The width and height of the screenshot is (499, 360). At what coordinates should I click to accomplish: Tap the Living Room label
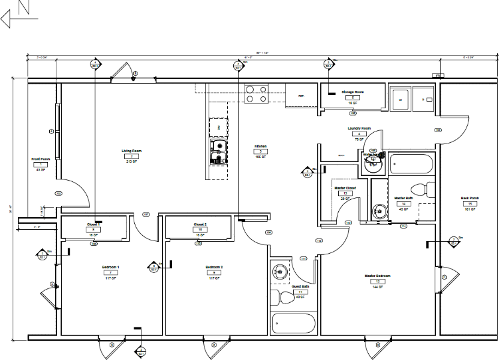tap(132, 151)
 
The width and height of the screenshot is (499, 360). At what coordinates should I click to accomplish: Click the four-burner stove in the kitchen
tap(256, 94)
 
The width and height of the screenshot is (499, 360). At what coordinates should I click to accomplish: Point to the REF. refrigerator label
tap(300, 96)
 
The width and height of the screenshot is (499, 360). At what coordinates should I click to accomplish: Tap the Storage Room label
tap(353, 92)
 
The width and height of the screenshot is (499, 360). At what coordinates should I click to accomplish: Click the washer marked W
tap(400, 99)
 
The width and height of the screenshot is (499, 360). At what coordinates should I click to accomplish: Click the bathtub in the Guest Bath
tap(293, 323)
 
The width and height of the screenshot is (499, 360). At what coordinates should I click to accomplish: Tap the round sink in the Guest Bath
tap(280, 271)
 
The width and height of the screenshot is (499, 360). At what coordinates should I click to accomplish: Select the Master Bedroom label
tap(377, 275)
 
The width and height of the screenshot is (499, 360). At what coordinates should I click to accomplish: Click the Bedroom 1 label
tap(110, 266)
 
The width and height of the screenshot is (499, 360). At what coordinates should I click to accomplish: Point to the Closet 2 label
tap(200, 225)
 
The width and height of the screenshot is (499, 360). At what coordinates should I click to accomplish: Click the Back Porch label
tap(470, 198)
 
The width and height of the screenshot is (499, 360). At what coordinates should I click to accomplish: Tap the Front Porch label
tap(41, 159)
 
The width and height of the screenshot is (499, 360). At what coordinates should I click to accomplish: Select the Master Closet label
tap(345, 188)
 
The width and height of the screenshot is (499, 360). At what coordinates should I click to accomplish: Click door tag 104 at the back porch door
tap(438, 130)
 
